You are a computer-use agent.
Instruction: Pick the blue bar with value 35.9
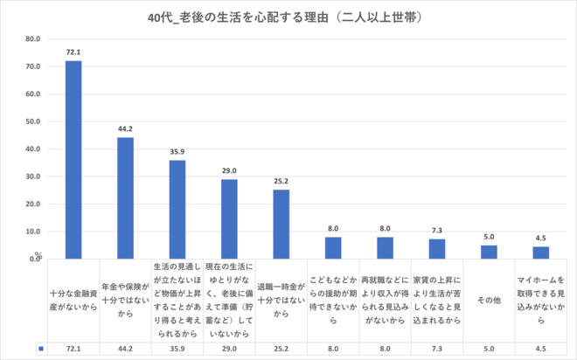(x=177, y=210)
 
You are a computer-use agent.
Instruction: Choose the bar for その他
(x=489, y=253)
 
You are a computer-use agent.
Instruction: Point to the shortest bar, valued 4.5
(x=541, y=253)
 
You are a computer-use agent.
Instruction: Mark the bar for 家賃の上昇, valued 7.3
(x=437, y=249)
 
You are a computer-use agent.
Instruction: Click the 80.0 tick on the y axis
(x=33, y=39)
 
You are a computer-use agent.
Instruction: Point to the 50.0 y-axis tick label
(x=33, y=121)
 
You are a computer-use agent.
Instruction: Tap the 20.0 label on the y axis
(x=33, y=204)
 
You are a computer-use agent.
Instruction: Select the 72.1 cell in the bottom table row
(x=73, y=349)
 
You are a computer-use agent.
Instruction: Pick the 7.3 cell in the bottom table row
(x=437, y=349)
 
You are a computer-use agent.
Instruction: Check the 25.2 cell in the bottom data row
(x=281, y=349)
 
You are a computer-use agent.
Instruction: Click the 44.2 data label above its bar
(x=125, y=129)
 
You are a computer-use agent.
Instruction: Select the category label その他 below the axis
(x=489, y=301)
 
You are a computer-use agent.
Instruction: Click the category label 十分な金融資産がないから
(x=73, y=301)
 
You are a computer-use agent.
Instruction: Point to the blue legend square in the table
(x=41, y=349)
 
